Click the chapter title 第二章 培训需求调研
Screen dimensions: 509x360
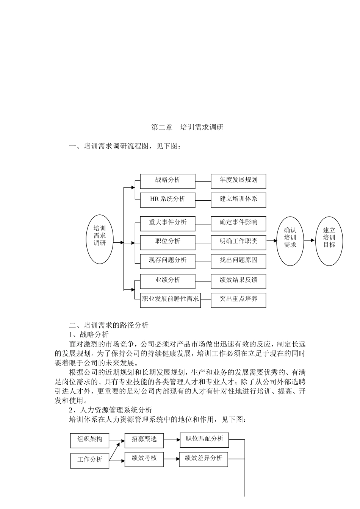pos(187,127)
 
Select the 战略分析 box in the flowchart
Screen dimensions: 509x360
pos(167,181)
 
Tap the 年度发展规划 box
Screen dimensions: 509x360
pos(238,181)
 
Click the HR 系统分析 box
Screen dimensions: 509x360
pos(167,200)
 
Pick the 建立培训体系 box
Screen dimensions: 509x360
pos(238,200)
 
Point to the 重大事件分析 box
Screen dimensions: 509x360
pos(167,223)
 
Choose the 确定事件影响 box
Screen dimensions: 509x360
pos(238,223)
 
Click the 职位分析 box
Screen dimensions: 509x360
pos(167,242)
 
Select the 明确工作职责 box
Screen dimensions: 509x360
pos(238,242)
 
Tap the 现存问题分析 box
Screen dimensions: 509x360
pos(167,261)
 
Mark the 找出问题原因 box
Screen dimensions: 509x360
pos(238,261)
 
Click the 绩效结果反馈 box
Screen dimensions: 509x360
pos(238,281)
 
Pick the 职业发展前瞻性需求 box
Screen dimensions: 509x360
pos(170,300)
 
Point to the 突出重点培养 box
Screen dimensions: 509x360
pos(238,300)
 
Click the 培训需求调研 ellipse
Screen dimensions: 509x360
pos(100,239)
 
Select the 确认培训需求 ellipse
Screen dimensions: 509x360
pos(290,241)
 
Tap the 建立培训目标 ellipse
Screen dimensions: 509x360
pos(329,241)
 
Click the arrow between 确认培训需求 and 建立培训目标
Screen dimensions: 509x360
pos(310,240)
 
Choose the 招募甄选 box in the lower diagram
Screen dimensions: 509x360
pos(144,440)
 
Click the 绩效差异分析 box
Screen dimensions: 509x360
pos(203,459)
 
